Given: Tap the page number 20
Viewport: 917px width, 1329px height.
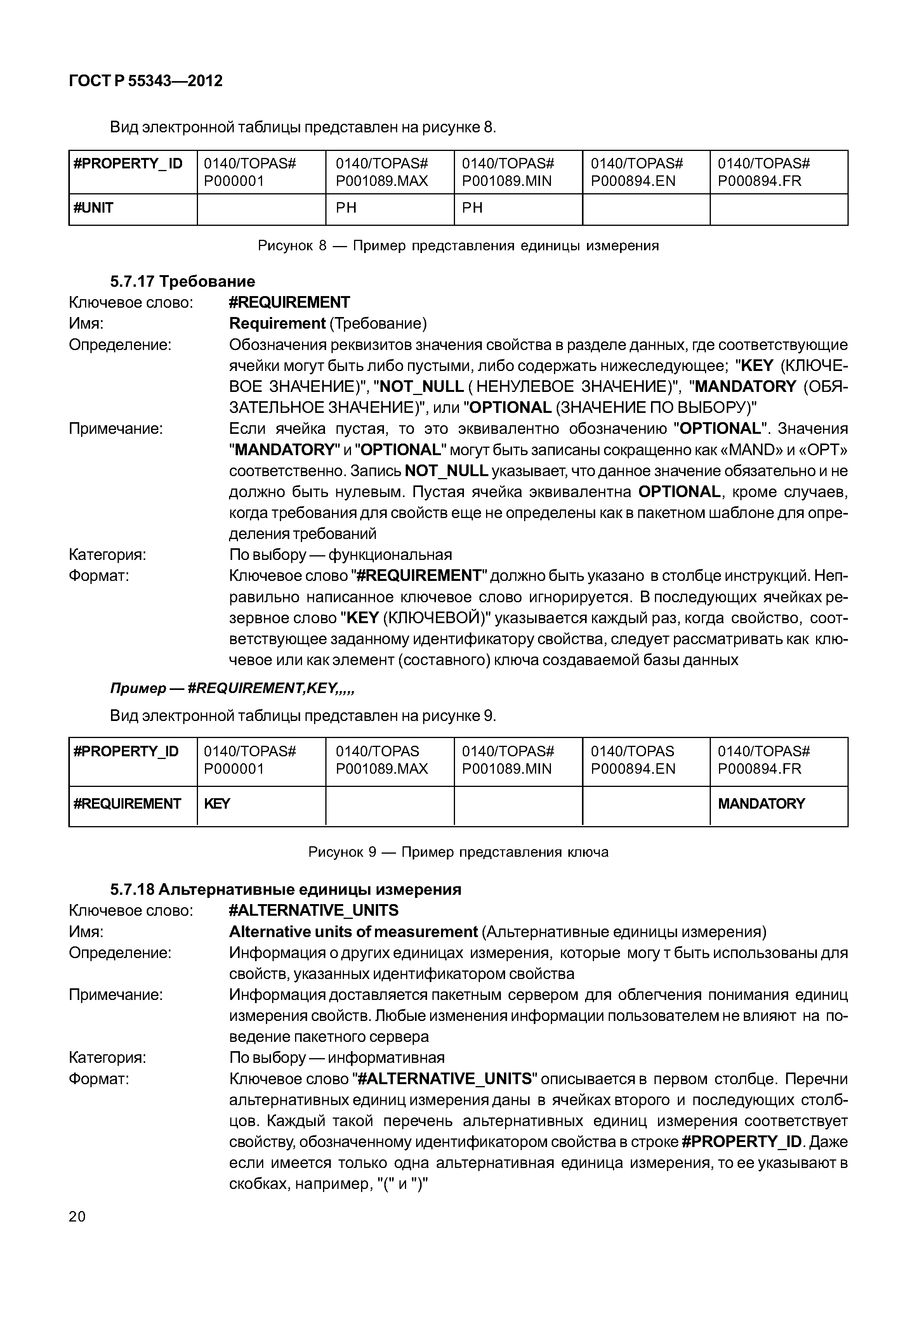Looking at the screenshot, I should click(x=77, y=1216).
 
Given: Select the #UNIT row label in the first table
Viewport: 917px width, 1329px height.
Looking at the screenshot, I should click(x=93, y=208).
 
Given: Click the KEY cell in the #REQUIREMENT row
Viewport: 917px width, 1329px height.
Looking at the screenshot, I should click(x=217, y=804).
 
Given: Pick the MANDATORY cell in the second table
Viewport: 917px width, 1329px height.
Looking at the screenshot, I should click(x=761, y=804).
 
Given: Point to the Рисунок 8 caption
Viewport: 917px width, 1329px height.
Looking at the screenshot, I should click(x=458, y=246).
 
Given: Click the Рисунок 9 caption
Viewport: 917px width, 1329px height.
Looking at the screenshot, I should click(x=458, y=852).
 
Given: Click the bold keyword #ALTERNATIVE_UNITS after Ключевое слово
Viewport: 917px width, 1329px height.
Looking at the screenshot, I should click(x=313, y=910).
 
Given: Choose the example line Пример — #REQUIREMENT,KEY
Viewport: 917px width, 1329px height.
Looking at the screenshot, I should click(x=232, y=688).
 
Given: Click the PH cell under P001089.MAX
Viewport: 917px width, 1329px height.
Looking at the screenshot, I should click(x=346, y=208).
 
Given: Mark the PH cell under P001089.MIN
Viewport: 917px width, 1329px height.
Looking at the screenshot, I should click(x=472, y=208).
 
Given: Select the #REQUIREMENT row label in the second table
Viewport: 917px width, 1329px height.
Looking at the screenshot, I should click(x=127, y=804).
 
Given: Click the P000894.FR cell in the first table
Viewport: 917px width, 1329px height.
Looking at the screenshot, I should click(x=764, y=172).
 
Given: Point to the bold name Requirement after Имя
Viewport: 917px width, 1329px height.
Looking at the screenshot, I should click(x=278, y=323).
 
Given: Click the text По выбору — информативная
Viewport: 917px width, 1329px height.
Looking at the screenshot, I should click(x=337, y=1057).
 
